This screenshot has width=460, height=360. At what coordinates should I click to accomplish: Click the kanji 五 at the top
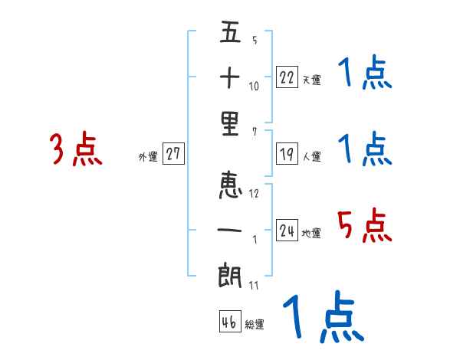(x=230, y=33)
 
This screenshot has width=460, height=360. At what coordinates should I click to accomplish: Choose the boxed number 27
(x=173, y=154)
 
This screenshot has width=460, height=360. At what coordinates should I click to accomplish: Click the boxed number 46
(x=228, y=322)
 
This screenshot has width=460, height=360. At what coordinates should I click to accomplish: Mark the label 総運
(x=255, y=325)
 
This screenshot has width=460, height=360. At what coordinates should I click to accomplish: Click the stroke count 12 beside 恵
(x=254, y=194)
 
